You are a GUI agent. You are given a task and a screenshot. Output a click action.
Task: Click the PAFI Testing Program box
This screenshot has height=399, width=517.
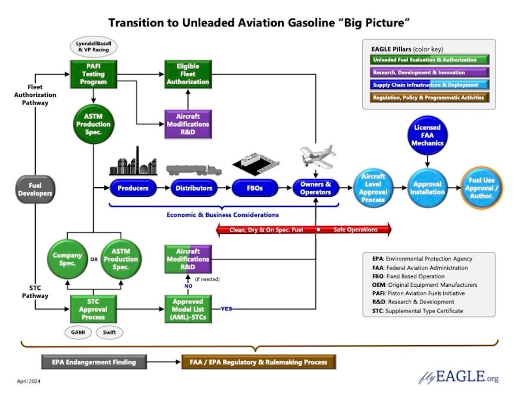coord(93,74)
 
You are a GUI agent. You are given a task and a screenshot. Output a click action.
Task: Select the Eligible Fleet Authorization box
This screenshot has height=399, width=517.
coord(188,74)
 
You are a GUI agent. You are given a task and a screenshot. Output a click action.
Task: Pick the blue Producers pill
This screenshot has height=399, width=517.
coord(133,188)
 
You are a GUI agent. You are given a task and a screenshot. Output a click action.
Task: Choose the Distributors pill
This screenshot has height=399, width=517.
coord(194,188)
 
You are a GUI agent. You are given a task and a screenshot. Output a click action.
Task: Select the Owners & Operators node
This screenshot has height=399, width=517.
coord(316,188)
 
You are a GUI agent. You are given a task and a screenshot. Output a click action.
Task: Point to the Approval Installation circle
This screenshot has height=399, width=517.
coord(427,188)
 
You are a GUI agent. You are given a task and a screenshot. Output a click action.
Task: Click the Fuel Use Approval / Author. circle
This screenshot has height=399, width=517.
coord(482,188)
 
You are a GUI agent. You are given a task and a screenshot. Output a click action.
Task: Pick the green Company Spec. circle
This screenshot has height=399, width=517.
coord(67,259)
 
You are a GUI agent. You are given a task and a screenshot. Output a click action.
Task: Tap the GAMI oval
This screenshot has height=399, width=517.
coord(78,332)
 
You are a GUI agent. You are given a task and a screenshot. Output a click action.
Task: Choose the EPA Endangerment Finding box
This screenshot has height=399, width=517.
coord(93,362)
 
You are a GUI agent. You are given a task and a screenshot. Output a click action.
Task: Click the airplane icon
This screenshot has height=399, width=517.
coord(318,155)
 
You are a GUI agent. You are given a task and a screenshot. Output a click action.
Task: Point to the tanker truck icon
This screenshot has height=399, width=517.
coord(193,169)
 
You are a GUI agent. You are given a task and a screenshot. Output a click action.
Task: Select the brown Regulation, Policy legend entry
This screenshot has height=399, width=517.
coord(428,98)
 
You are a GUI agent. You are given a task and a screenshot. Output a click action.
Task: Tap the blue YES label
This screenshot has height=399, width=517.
coord(227,309)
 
